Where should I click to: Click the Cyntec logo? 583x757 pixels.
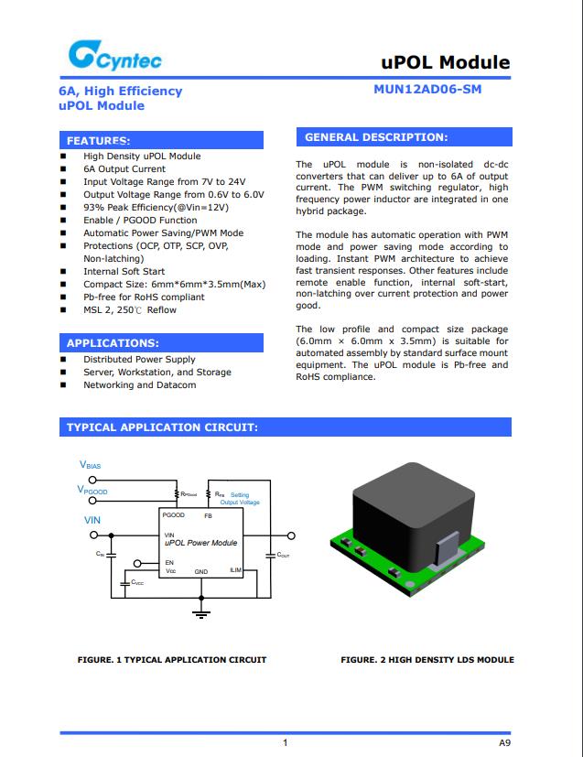pyautogui.click(x=114, y=58)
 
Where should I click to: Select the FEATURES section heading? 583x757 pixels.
pyautogui.click(x=99, y=141)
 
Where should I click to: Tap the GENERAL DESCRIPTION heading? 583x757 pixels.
pyautogui.click(x=376, y=137)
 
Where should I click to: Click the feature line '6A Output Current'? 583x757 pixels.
pyautogui.click(x=124, y=169)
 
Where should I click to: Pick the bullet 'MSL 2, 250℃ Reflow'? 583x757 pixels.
pyautogui.click(x=130, y=310)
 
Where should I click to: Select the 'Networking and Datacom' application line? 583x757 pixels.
pyautogui.click(x=139, y=385)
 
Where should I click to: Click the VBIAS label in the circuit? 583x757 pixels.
pyautogui.click(x=91, y=466)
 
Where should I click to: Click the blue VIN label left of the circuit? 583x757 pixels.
pyautogui.click(x=92, y=520)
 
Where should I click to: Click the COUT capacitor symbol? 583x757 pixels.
pyautogui.click(x=270, y=555)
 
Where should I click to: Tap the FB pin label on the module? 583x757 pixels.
pyautogui.click(x=208, y=515)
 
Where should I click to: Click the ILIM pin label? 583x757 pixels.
pyautogui.click(x=235, y=570)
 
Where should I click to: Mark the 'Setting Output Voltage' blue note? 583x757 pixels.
pyautogui.click(x=240, y=499)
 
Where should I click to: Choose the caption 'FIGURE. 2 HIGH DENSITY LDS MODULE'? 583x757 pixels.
pyautogui.click(x=426, y=660)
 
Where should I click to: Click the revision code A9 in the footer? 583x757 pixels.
pyautogui.click(x=504, y=741)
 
